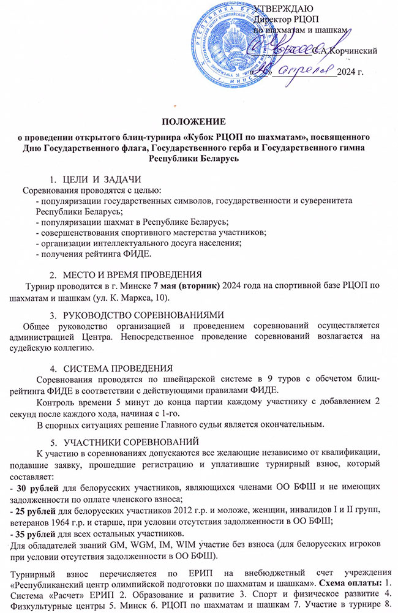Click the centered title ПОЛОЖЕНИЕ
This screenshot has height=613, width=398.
(x=198, y=121)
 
